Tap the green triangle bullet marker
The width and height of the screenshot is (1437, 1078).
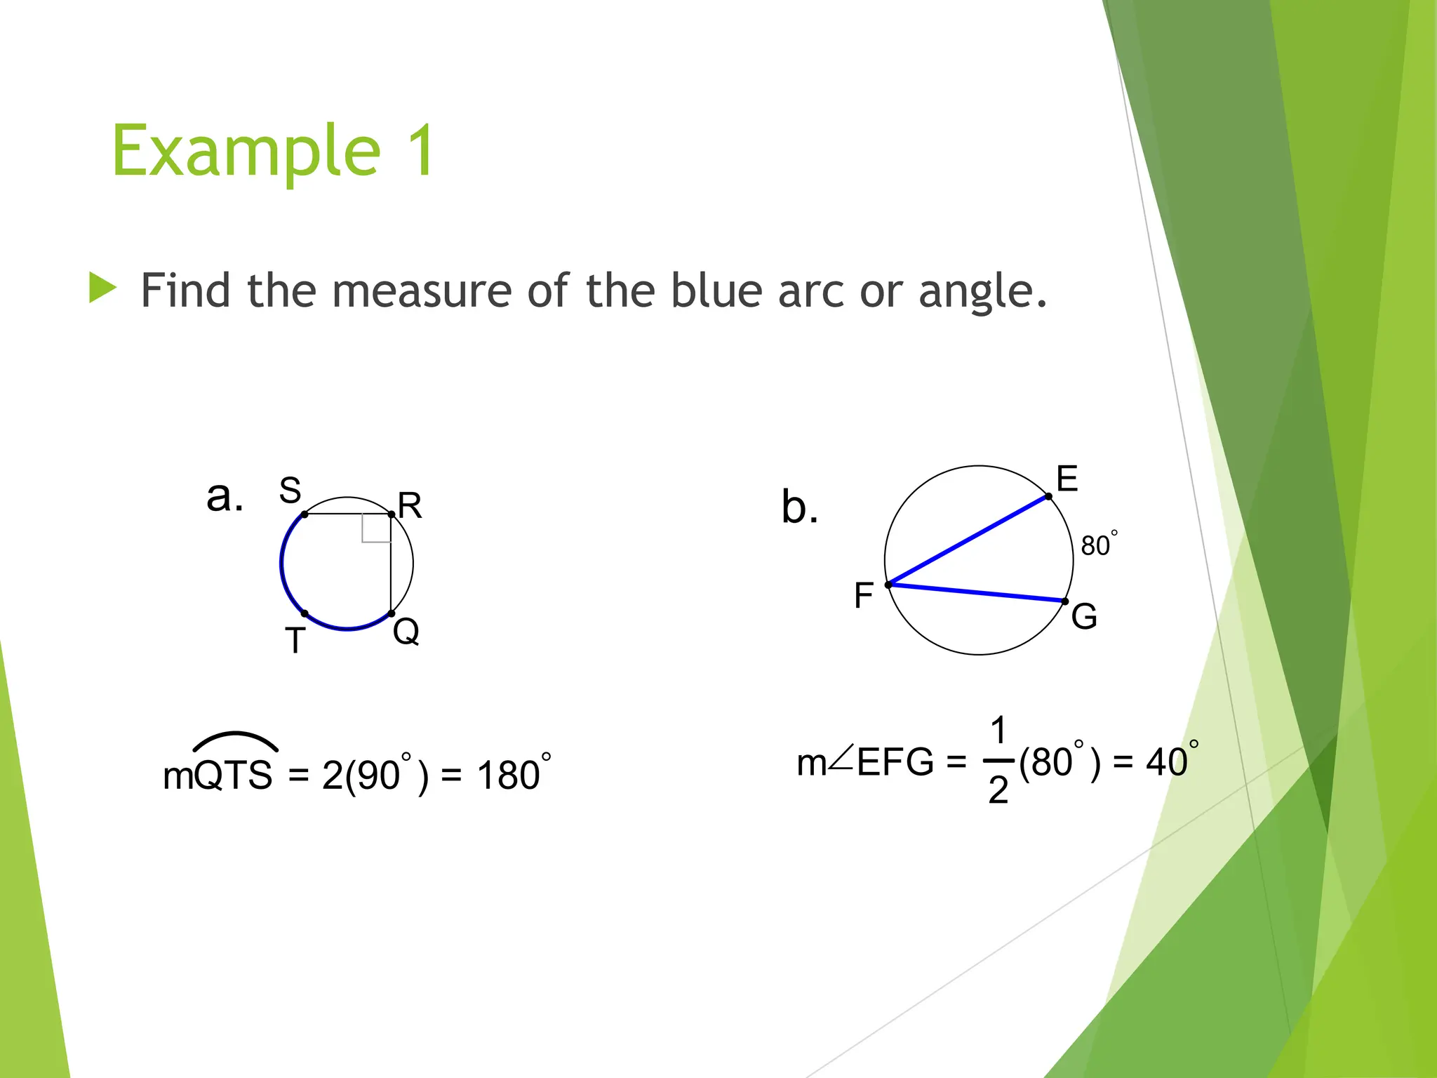pyautogui.click(x=102, y=288)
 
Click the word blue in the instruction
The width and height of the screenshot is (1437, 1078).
pyautogui.click(x=716, y=291)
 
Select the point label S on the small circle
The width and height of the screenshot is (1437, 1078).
pyautogui.click(x=290, y=490)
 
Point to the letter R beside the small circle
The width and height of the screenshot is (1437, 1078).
pyautogui.click(x=410, y=505)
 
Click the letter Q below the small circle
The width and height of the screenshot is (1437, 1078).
pyautogui.click(x=406, y=631)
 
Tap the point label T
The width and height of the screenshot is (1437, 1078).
pyautogui.click(x=295, y=641)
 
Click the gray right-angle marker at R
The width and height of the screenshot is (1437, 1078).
pyautogui.click(x=376, y=528)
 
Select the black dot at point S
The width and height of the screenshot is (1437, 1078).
pyautogui.click(x=305, y=514)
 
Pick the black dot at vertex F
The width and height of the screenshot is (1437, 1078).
pyautogui.click(x=888, y=585)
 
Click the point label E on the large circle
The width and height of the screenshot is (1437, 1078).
pyautogui.click(x=1067, y=479)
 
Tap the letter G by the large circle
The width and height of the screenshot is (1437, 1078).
pyautogui.click(x=1084, y=617)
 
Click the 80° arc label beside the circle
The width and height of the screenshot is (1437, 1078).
pyautogui.click(x=1098, y=545)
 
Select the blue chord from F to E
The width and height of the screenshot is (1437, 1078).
pyautogui.click(x=968, y=540)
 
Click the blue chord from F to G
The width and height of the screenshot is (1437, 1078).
pyautogui.click(x=977, y=593)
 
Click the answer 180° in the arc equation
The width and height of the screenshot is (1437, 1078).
pyautogui.click(x=512, y=775)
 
